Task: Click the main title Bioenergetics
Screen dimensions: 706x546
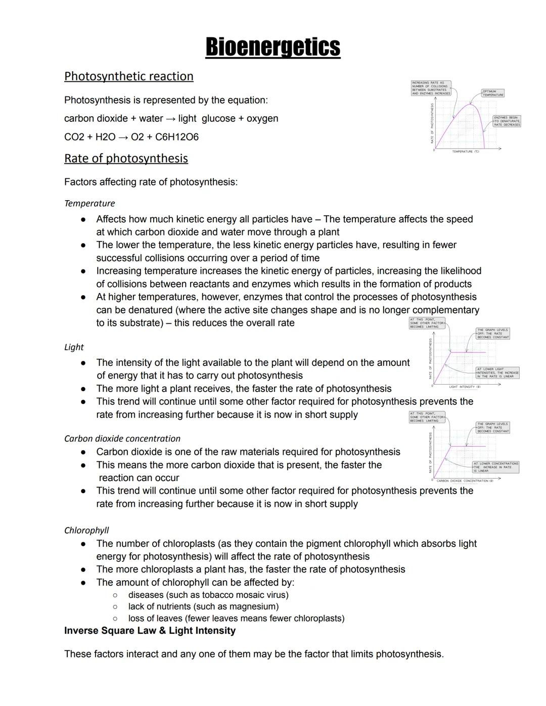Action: tap(272, 47)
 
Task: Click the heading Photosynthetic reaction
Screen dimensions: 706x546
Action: tap(128, 76)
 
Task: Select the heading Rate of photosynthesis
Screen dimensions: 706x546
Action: tap(126, 159)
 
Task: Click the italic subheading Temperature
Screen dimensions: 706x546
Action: tap(89, 204)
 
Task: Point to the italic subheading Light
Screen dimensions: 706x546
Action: tap(74, 347)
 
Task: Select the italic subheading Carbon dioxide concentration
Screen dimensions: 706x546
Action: tap(122, 439)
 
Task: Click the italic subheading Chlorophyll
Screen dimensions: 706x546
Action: tap(86, 530)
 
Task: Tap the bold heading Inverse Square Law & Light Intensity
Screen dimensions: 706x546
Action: tap(150, 631)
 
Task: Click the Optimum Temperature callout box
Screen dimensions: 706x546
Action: tap(492, 93)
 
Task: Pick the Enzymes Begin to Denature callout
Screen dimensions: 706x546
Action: tap(507, 121)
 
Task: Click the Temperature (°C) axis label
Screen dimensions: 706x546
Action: tap(466, 152)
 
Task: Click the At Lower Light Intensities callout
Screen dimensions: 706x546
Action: tap(497, 373)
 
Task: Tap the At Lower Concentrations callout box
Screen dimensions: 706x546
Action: tap(495, 467)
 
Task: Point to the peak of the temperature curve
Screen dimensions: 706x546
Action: tap(471, 105)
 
